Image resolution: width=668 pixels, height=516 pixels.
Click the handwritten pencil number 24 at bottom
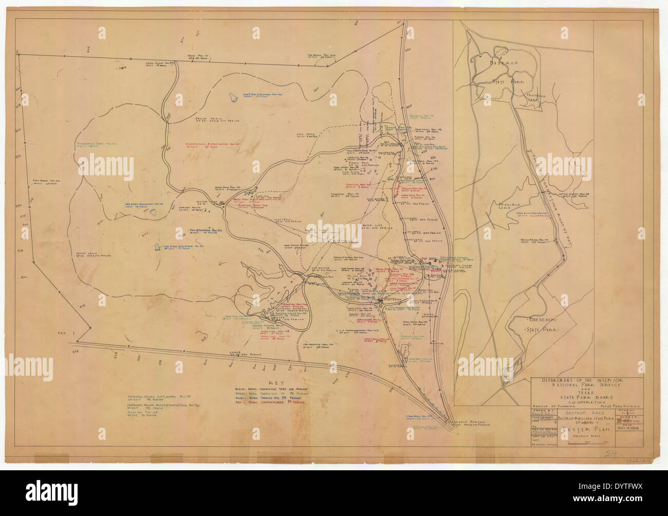(x=610, y=454)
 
